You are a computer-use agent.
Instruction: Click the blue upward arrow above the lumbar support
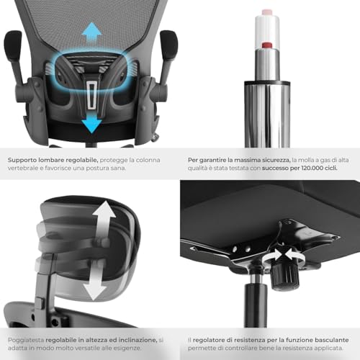pos(91,32)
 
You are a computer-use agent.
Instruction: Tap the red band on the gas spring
pos(268,47)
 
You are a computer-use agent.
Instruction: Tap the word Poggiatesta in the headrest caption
pos(27,338)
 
